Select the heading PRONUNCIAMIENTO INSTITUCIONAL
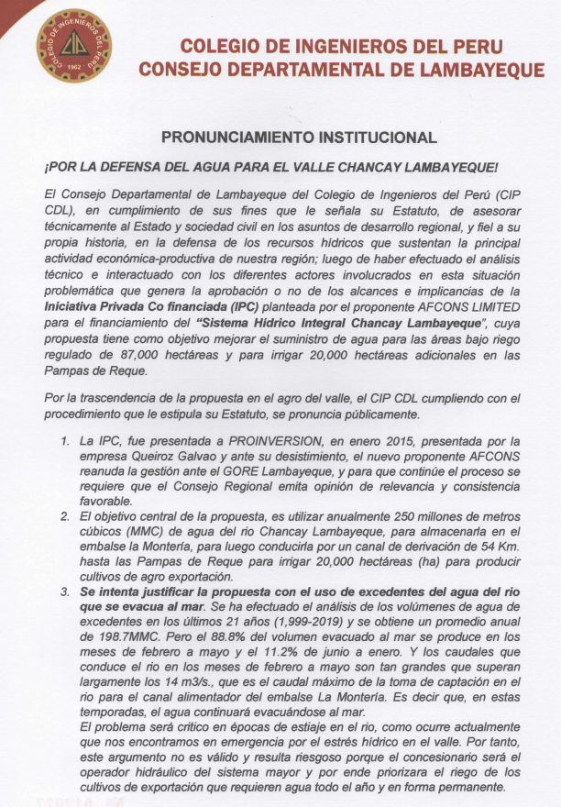(299, 138)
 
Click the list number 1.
(65, 442)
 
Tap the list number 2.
(65, 517)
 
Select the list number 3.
(65, 592)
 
